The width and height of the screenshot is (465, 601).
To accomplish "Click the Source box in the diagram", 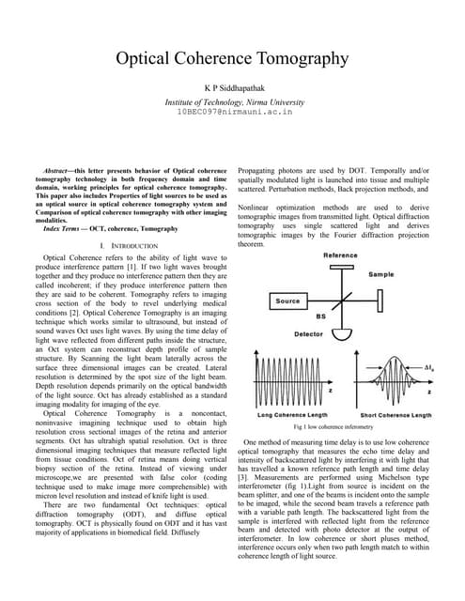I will point(287,301).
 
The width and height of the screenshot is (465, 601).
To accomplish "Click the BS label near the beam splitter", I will point(320,317).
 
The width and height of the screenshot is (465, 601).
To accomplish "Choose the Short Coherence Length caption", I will point(395,414).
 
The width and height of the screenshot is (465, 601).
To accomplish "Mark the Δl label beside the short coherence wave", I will point(428,367).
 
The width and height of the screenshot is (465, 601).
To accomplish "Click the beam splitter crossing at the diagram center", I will point(339,301).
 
